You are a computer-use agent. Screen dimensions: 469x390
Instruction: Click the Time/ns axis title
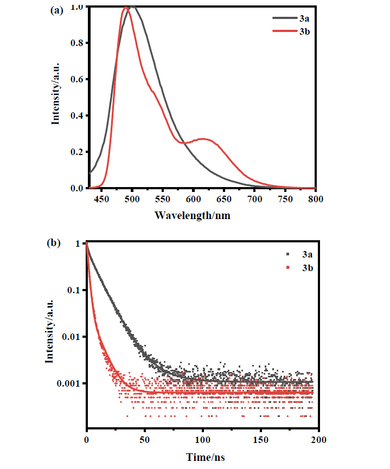(x=202, y=457)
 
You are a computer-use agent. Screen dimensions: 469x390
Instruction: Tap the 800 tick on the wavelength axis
(x=315, y=198)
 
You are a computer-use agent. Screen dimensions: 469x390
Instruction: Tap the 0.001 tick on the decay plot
(x=69, y=383)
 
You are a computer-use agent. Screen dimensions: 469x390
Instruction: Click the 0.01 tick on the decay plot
(x=72, y=337)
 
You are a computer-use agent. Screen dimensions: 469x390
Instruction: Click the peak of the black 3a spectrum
(x=132, y=7)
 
